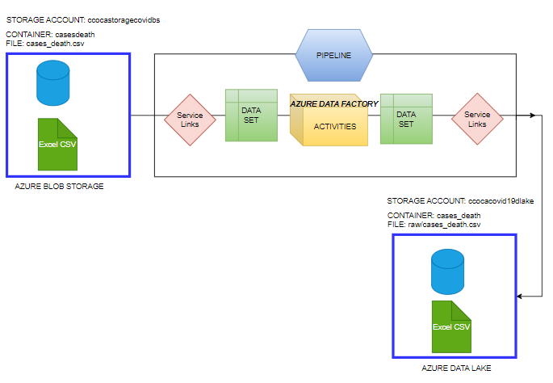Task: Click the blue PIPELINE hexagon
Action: [x=333, y=54]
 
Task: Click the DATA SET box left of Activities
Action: [x=251, y=116]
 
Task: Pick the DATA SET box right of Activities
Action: [x=406, y=119]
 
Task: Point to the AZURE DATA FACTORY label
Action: [x=333, y=103]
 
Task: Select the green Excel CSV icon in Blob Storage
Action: [x=57, y=144]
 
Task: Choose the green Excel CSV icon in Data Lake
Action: [x=451, y=326]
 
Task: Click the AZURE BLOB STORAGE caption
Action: [x=60, y=187]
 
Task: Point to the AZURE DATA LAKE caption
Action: [x=456, y=368]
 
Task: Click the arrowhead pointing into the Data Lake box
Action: [x=522, y=297]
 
